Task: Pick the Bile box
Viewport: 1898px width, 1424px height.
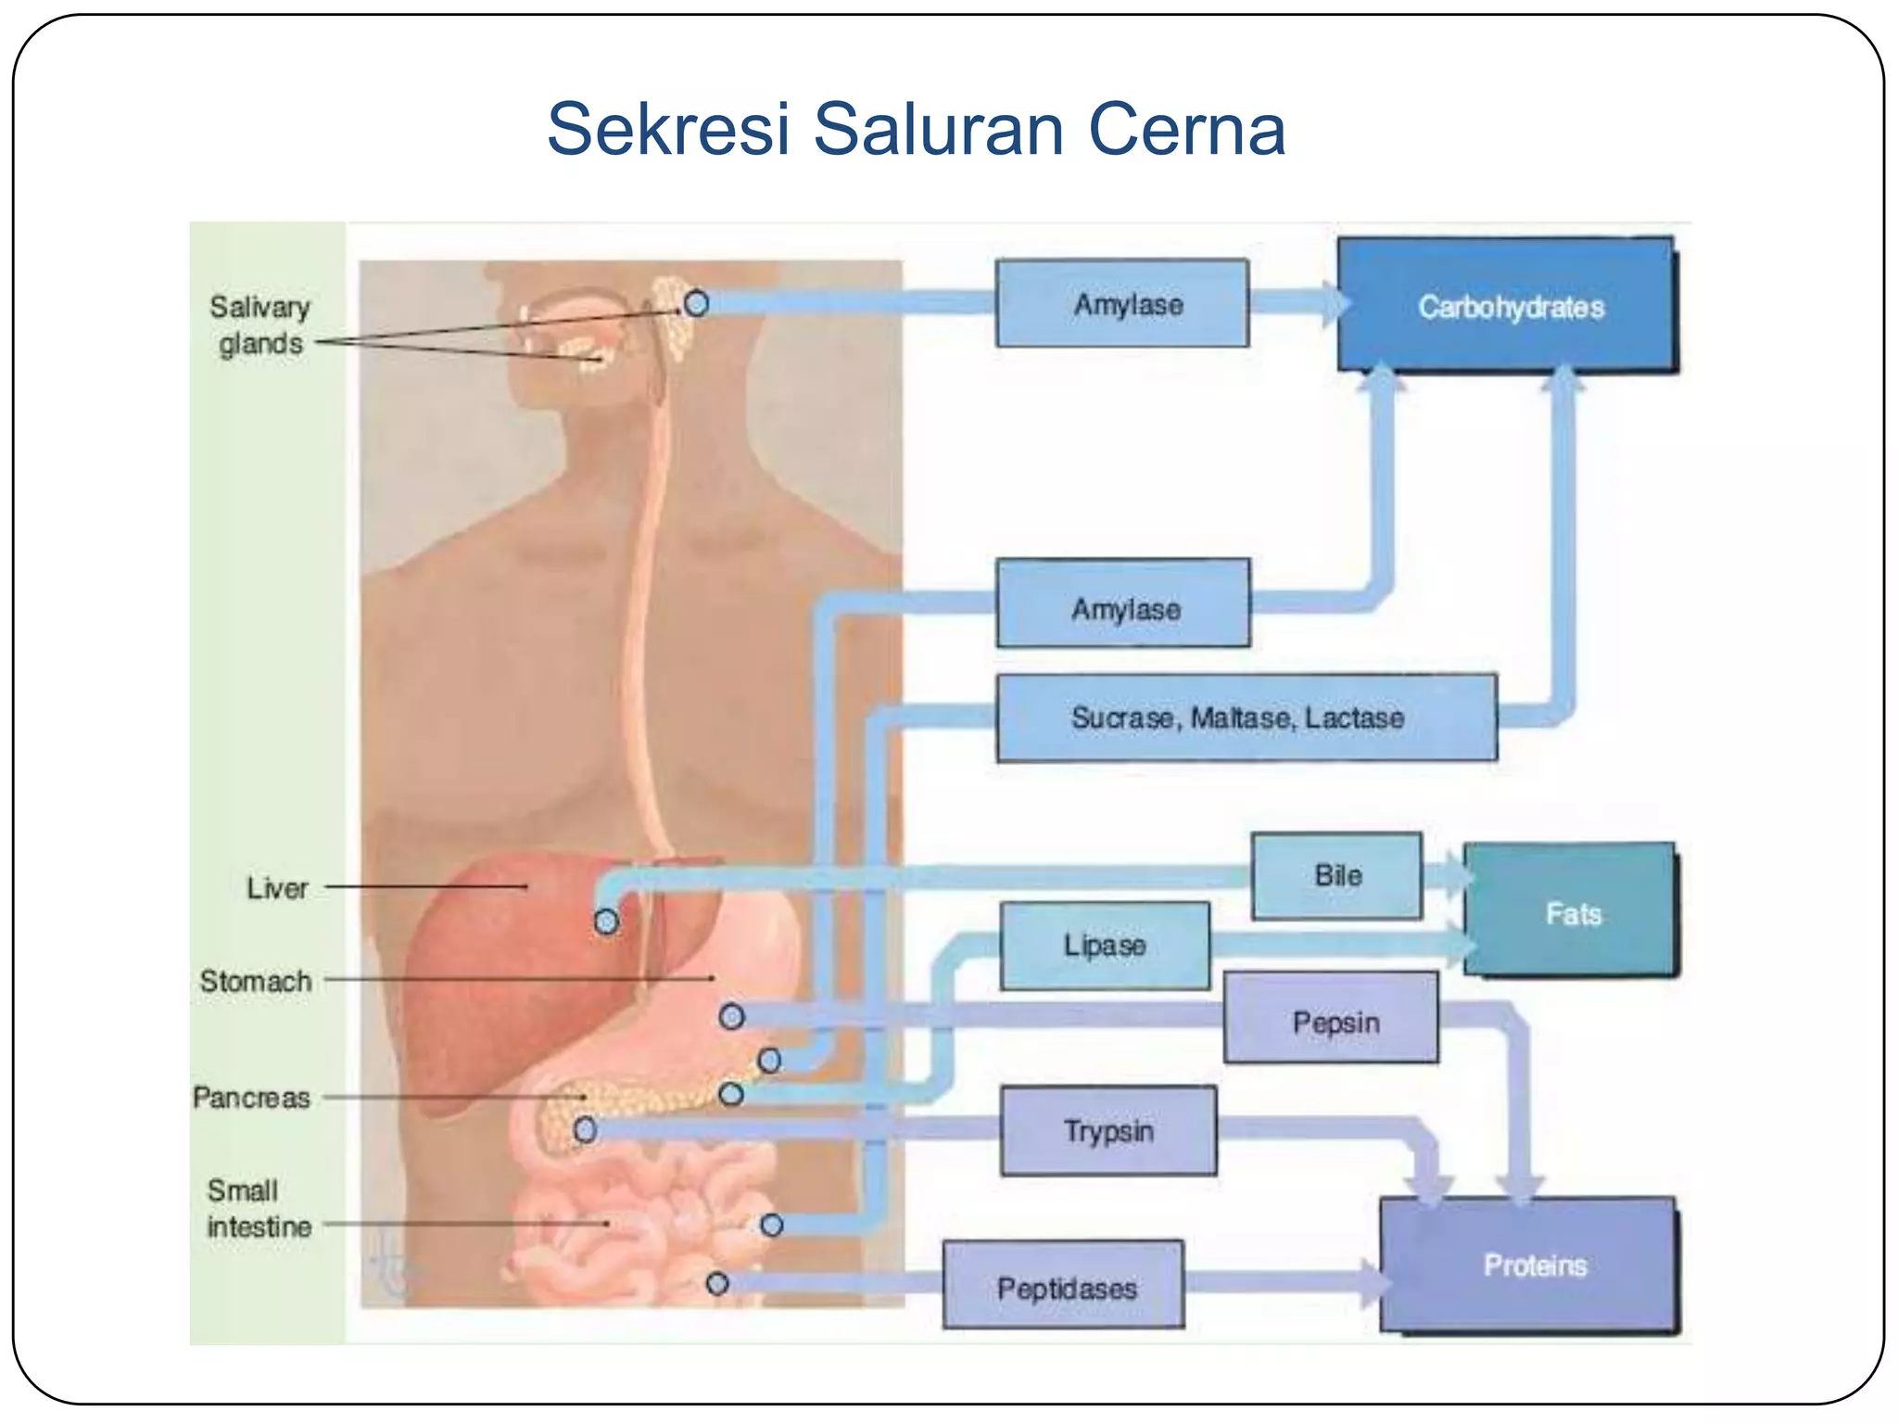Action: point(1336,875)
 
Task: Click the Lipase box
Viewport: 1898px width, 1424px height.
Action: point(1105,946)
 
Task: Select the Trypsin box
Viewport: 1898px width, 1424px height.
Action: point(1108,1131)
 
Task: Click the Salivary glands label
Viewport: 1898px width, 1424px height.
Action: point(259,324)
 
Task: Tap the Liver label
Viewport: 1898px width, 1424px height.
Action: point(276,888)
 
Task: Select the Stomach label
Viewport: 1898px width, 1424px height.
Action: point(255,981)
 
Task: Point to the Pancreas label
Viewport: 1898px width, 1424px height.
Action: point(250,1098)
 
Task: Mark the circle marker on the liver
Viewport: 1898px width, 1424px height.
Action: point(606,922)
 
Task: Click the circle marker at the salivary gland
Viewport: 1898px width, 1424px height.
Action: point(696,303)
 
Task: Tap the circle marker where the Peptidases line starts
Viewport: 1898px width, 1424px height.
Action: point(716,1284)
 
